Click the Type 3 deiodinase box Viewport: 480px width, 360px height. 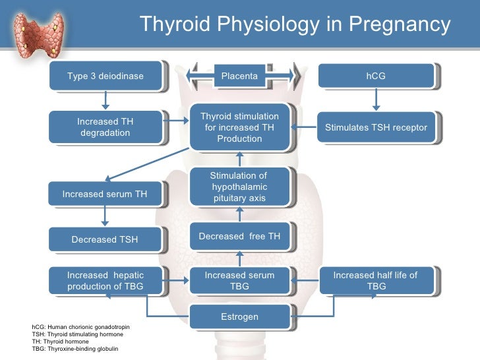click(105, 76)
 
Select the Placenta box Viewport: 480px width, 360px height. click(239, 76)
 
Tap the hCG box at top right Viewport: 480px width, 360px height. click(376, 76)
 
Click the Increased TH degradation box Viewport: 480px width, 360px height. click(105, 127)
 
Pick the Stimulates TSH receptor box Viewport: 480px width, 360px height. click(376, 127)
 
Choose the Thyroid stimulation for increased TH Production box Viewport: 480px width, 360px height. click(239, 127)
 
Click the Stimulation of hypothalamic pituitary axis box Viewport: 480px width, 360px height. click(239, 187)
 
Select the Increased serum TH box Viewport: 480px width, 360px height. click(105, 194)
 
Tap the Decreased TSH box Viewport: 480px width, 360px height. click(105, 239)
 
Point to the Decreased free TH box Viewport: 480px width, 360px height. click(239, 237)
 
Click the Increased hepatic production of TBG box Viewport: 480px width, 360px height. click(105, 281)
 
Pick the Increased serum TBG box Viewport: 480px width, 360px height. click(239, 281)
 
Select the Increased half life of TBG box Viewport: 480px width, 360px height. click(376, 281)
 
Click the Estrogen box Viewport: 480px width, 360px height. click(239, 317)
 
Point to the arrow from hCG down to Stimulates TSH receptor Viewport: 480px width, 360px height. click(376, 99)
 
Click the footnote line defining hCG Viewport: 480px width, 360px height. click(78, 327)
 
